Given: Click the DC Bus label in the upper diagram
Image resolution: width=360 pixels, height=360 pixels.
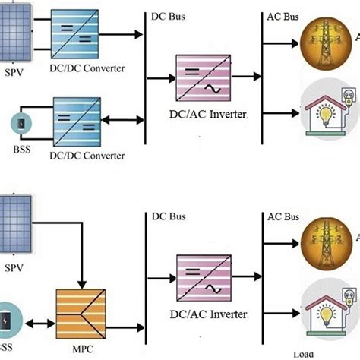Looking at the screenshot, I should click(168, 16).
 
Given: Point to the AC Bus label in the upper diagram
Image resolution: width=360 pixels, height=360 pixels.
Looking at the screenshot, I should click(284, 16).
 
